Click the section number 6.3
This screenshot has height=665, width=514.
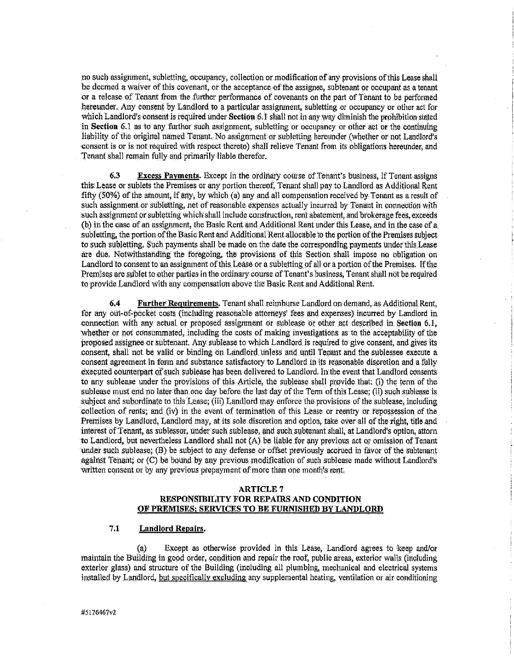[x=114, y=176]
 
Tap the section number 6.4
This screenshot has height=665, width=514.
[x=114, y=303]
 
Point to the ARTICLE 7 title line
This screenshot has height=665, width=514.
[x=260, y=489]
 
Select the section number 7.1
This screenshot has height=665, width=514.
[x=114, y=529]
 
